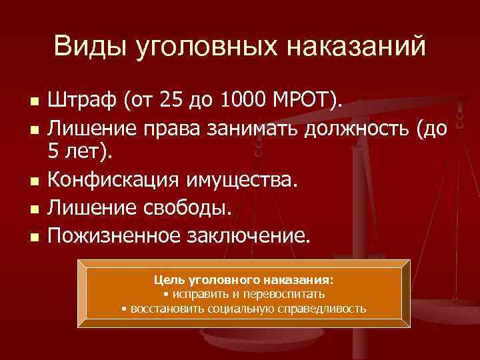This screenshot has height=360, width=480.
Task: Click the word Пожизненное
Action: (x=119, y=235)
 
